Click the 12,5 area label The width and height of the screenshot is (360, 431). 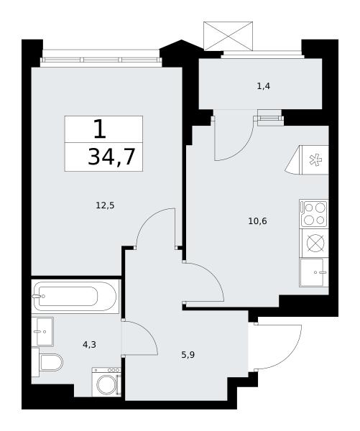pos(105,205)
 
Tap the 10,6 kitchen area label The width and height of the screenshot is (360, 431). pos(257,221)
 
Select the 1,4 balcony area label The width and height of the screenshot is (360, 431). pos(264,87)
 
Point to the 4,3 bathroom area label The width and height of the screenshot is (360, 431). pos(89,344)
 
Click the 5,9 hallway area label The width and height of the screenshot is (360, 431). pos(188,355)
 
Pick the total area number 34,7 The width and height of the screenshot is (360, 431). pos(111,157)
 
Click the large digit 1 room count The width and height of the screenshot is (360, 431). pos(100,129)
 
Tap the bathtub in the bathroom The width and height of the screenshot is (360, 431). pos(75,296)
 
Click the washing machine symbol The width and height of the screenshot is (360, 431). pos(106,382)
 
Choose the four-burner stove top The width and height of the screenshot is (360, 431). pos(314,214)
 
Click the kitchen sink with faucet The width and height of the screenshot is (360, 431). pos(314,272)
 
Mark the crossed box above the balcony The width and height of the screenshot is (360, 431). pos(228,36)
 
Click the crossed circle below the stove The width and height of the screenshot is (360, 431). pos(315,244)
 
